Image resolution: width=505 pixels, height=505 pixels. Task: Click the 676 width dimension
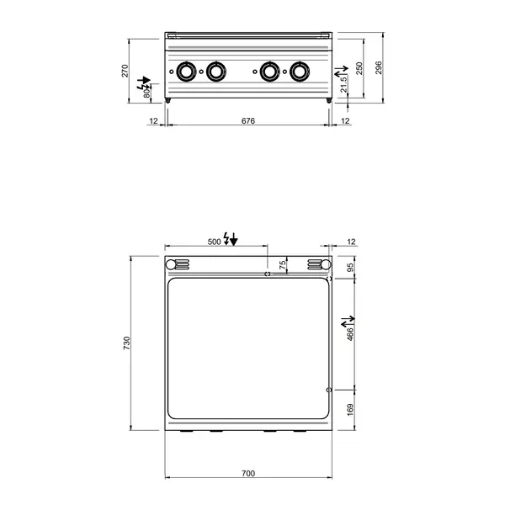[247, 121]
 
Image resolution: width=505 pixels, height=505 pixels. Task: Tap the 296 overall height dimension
[380, 67]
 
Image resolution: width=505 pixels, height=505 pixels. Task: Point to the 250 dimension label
[360, 67]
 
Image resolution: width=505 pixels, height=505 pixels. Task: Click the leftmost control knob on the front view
[187, 72]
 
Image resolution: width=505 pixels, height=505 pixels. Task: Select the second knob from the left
[217, 72]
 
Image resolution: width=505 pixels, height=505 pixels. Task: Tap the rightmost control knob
[300, 72]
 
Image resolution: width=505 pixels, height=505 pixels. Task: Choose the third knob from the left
[269, 72]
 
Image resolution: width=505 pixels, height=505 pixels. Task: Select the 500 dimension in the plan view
[214, 242]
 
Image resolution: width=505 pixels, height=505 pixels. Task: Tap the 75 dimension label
[283, 264]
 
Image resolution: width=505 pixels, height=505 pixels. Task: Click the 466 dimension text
[350, 333]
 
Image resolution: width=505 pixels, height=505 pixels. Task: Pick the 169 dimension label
[350, 410]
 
